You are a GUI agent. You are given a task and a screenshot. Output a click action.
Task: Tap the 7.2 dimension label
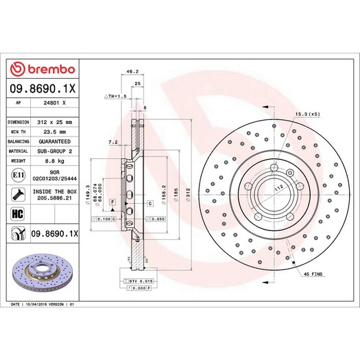(x=112, y=142)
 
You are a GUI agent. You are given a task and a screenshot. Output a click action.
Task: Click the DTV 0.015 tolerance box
(x=137, y=281)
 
